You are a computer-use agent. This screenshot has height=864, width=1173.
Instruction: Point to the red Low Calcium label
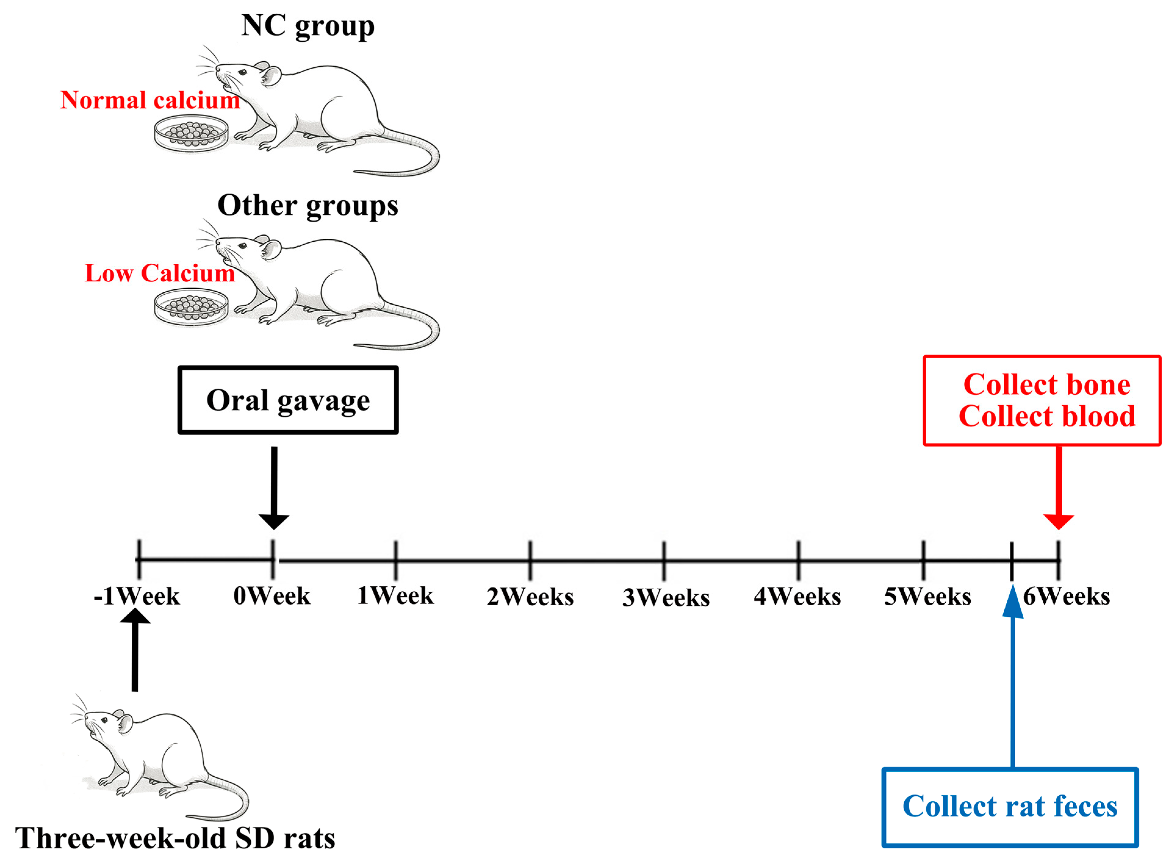point(160,273)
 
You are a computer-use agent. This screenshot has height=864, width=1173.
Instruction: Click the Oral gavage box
point(288,400)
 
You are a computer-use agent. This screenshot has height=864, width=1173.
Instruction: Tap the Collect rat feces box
point(1010,806)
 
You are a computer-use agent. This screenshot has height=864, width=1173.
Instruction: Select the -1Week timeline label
point(137,596)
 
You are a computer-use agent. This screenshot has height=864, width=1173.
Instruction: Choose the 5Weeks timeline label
point(927,596)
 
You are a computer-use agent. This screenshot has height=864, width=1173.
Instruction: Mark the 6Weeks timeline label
point(1066,596)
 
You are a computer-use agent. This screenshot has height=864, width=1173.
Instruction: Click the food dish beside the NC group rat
point(191,134)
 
